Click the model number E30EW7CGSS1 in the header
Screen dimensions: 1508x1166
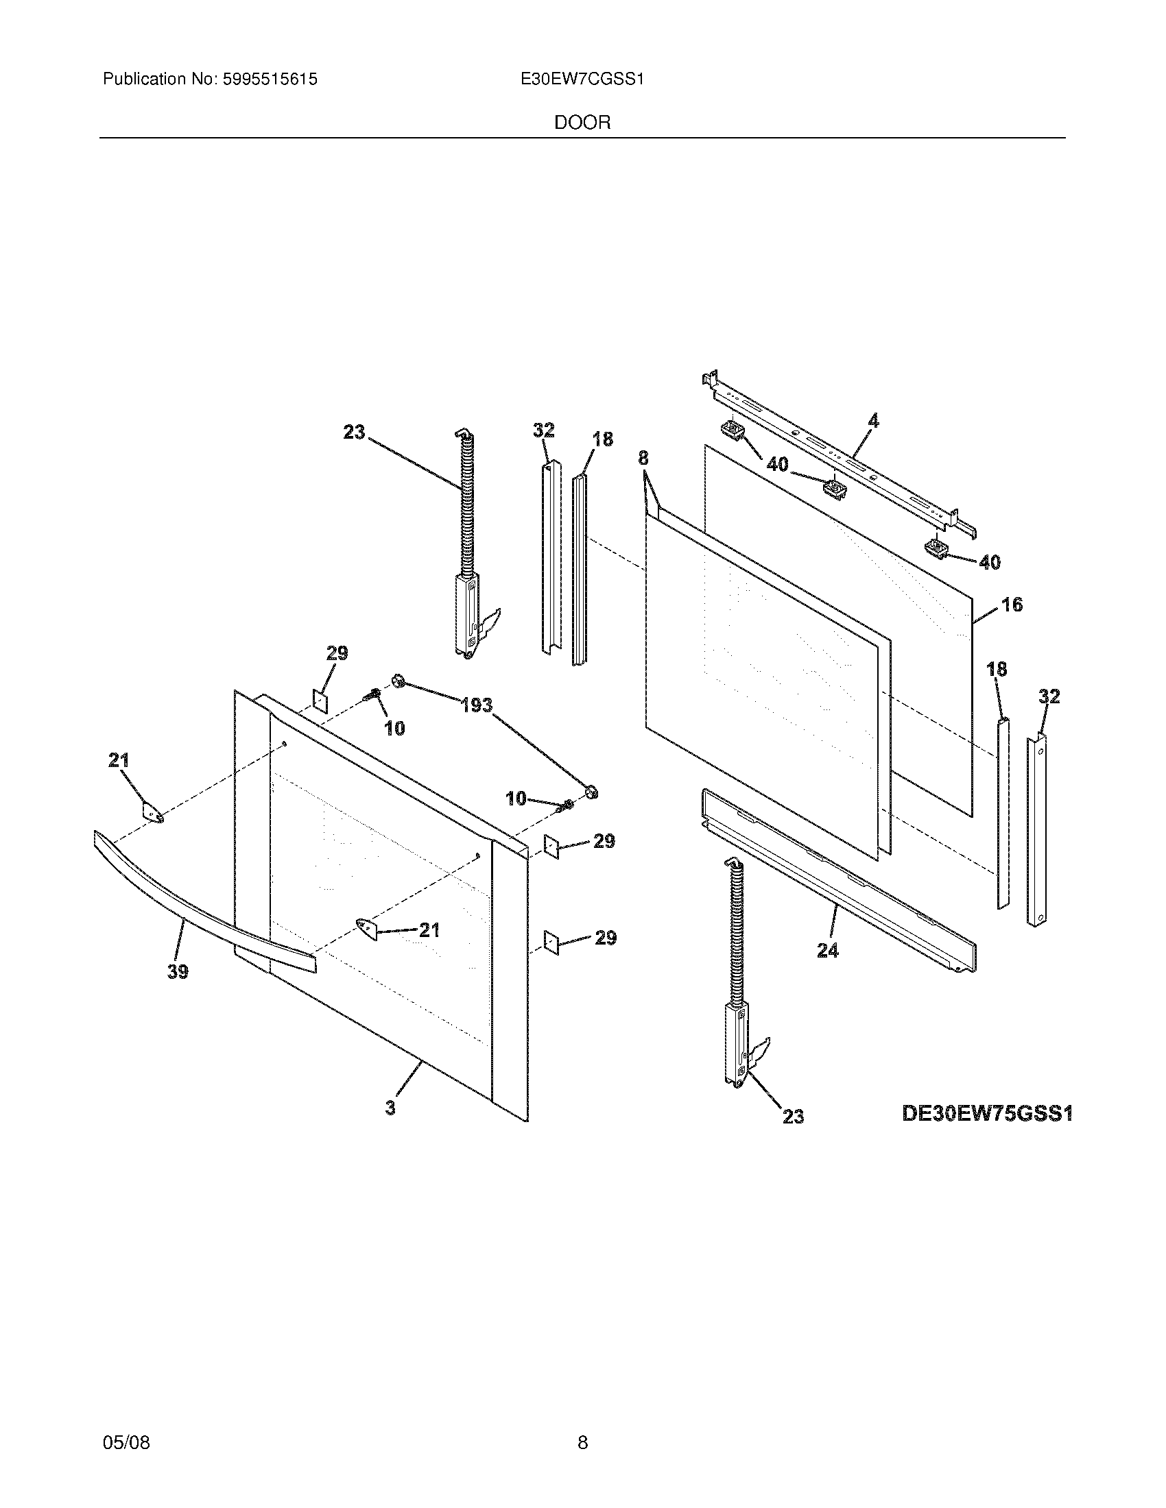582,80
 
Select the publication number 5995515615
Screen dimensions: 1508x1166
270,80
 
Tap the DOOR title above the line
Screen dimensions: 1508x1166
582,123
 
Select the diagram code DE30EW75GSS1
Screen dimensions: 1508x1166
987,1114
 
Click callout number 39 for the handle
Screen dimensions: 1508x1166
178,971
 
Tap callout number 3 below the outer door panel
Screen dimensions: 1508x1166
391,1108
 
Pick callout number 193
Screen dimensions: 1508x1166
477,705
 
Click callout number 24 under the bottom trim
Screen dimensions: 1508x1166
828,951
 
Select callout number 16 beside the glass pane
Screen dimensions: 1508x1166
1011,605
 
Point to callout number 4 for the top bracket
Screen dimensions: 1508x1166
873,420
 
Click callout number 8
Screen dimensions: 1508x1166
643,458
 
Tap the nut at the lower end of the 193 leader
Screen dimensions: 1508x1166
591,792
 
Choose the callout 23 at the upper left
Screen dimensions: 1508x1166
354,433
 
